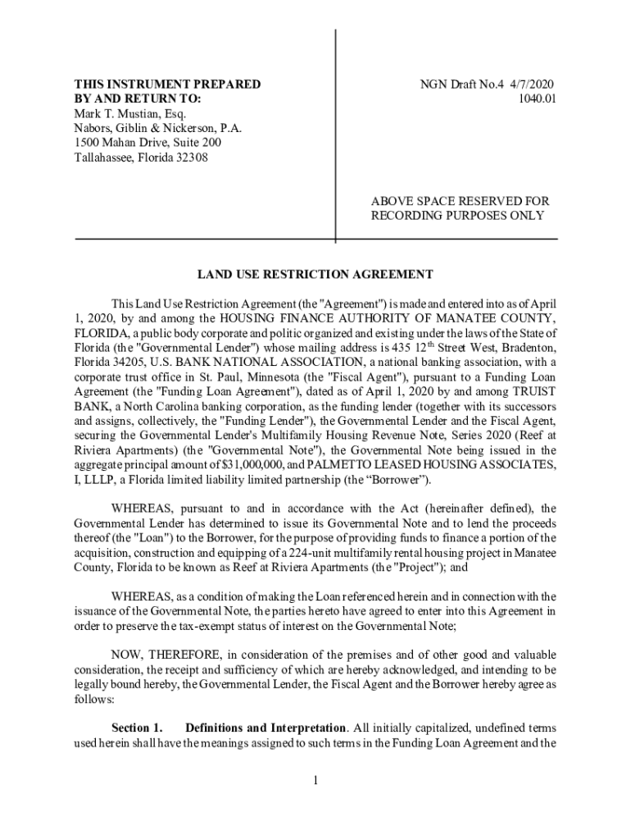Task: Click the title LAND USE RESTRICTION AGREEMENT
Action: pos(315,274)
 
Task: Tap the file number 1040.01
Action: pos(538,98)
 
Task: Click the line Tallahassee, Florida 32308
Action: pos(141,157)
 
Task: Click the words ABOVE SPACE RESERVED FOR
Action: pos(460,201)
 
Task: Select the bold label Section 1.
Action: pos(137,728)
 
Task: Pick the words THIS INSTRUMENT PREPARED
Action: pos(167,84)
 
